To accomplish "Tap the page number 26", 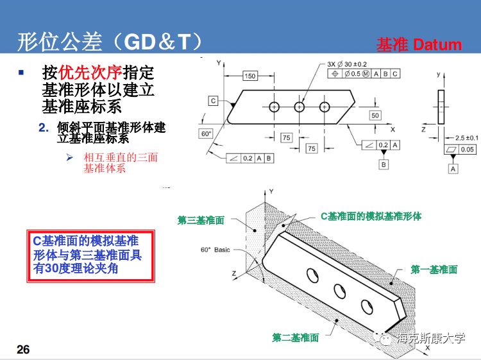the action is [23, 349].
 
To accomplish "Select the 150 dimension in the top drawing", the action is [249, 76].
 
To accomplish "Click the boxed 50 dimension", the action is [375, 116].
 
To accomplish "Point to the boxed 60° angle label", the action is [206, 133].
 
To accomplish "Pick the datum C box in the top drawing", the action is [213, 100].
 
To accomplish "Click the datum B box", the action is [384, 165].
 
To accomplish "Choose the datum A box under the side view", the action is [453, 168].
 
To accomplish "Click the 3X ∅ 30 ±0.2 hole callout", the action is [347, 64].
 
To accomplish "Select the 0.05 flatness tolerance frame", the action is [461, 150].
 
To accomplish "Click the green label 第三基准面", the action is [201, 220].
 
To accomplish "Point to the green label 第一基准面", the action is [434, 270].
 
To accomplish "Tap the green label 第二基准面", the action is [295, 338].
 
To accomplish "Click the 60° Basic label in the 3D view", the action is [215, 249].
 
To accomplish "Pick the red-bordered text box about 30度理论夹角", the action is [90, 255].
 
